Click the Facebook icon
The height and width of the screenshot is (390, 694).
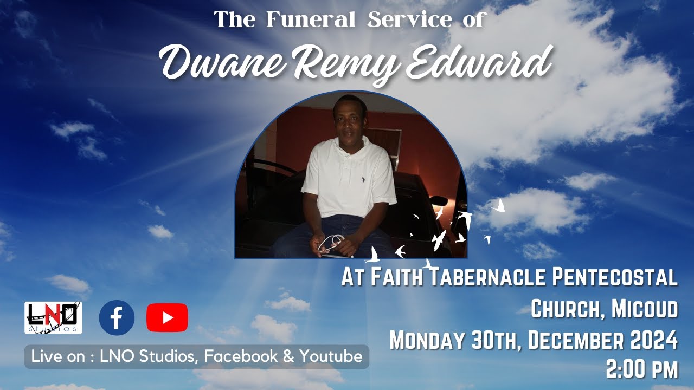click(117, 318)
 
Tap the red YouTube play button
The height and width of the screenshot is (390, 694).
click(167, 318)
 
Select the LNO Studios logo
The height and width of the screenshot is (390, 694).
click(53, 317)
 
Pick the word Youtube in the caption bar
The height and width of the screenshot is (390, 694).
click(331, 356)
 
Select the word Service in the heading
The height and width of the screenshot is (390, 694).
click(409, 20)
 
